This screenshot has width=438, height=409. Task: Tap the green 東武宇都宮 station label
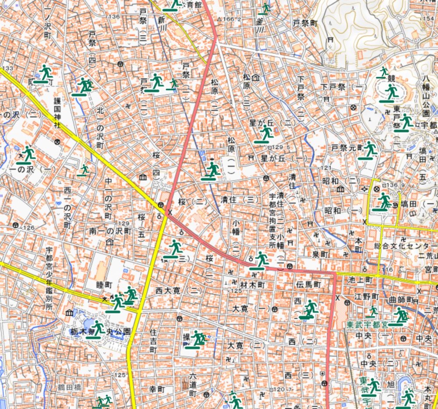(x=366, y=325)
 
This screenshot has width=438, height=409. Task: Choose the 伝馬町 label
(x=308, y=285)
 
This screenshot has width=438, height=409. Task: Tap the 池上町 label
(x=360, y=279)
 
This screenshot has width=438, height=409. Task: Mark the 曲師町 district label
(x=401, y=300)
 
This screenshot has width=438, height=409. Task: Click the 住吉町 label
(x=153, y=341)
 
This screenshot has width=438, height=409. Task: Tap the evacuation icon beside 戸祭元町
(x=369, y=150)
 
